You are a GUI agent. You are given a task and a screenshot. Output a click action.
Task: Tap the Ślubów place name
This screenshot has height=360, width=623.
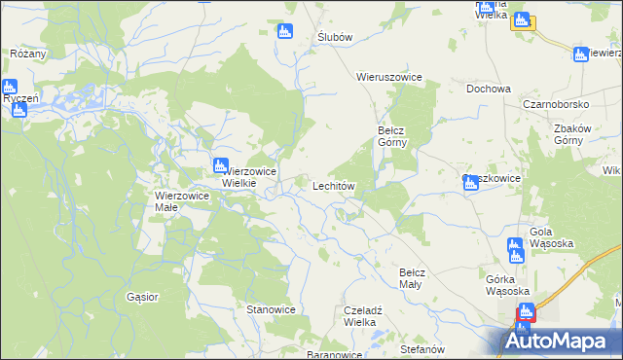click(x=334, y=37)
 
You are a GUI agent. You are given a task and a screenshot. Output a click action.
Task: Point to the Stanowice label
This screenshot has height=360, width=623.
click(x=271, y=309)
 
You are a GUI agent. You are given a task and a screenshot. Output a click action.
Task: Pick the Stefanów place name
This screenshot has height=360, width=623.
click(x=421, y=348)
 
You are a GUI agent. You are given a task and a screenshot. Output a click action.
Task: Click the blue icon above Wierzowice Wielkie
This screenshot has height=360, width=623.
click(x=221, y=164)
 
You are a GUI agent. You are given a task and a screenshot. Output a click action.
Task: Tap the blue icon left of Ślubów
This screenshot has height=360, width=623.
click(x=285, y=31)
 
